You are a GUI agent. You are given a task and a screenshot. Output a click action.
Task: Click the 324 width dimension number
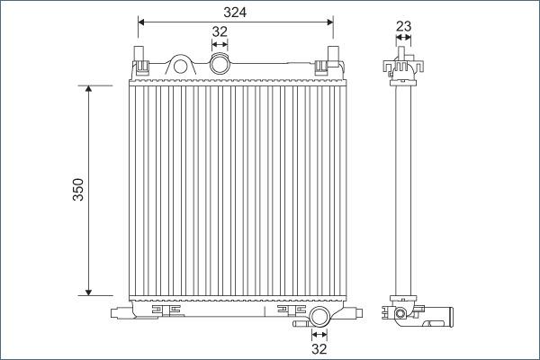pyautogui.click(x=235, y=12)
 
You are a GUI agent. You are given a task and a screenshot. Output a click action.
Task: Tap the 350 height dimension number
pyautogui.click(x=78, y=190)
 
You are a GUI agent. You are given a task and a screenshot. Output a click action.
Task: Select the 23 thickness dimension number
pyautogui.click(x=403, y=26)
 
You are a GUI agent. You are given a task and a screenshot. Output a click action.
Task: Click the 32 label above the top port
pyautogui.click(x=219, y=31)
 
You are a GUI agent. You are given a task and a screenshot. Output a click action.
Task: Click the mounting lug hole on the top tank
pyautogui.click(x=181, y=65)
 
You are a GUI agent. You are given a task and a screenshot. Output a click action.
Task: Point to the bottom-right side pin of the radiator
pyautogui.click(x=357, y=312)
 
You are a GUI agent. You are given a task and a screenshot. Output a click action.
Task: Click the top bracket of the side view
pyautogui.click(x=403, y=67)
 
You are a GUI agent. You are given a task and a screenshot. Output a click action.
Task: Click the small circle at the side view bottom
pyautogui.click(x=398, y=314)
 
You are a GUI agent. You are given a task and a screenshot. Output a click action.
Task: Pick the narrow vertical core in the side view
pyautogui.click(x=403, y=189)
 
